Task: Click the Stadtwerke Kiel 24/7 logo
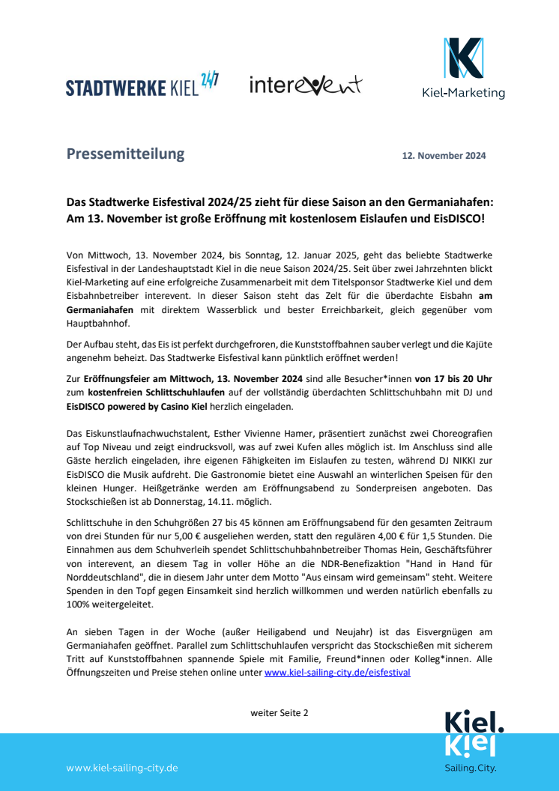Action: point(142,85)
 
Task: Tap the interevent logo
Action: point(305,85)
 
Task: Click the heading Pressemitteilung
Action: point(125,154)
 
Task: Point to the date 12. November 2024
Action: point(444,156)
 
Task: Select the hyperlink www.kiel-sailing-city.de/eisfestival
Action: point(337,673)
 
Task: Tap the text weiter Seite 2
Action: point(279,712)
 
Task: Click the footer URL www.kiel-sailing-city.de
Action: point(122,768)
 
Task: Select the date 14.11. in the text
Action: point(237,502)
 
